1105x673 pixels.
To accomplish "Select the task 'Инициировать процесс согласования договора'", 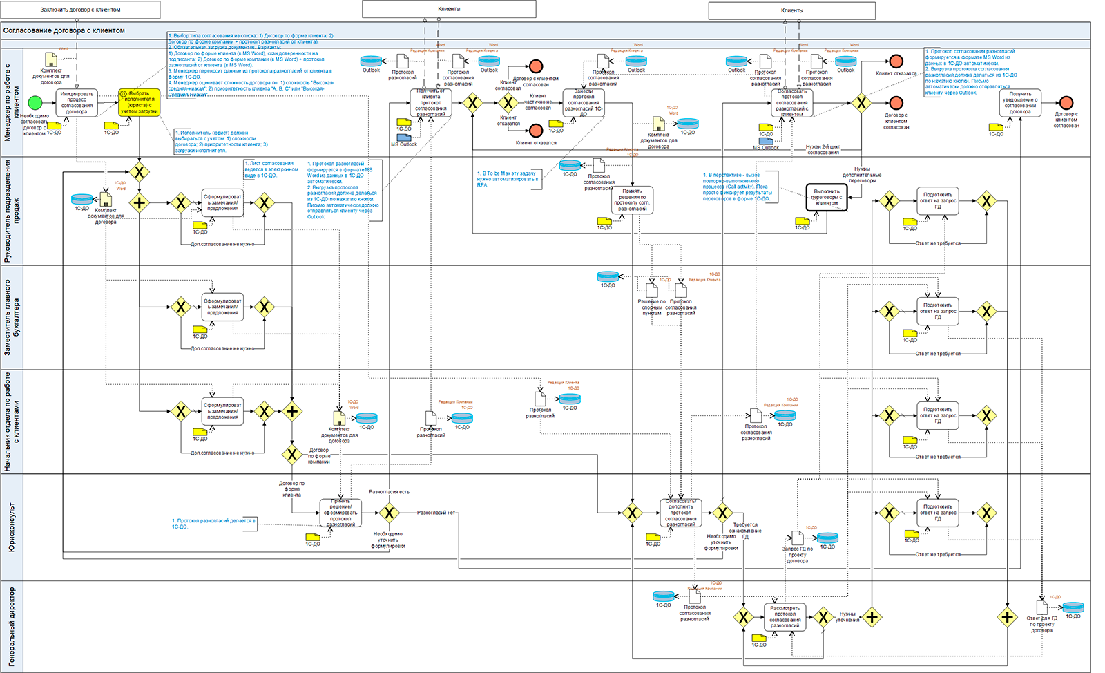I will point(77,102).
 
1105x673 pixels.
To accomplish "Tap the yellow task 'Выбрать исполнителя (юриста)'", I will point(139,102).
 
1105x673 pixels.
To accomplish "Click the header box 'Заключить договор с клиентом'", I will point(80,10).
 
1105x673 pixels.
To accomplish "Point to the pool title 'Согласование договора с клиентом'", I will point(64,31).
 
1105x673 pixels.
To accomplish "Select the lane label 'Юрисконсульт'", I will point(12,527).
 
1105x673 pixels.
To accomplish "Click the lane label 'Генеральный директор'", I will point(12,626).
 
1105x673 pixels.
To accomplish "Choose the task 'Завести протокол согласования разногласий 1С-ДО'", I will point(584,102).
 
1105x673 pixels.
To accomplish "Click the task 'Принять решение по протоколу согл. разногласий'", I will point(632,200).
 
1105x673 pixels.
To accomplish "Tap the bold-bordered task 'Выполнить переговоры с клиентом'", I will point(827,197).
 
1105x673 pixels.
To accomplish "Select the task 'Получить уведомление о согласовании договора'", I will point(1020,103).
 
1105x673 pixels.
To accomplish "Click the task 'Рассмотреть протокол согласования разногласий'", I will point(785,617).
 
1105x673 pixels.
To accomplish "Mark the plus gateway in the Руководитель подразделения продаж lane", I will point(140,203).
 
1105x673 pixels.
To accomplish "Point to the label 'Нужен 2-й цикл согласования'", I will point(823,149).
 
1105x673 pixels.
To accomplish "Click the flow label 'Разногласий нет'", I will point(436,513).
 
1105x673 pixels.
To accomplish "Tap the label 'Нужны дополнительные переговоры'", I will point(862,175).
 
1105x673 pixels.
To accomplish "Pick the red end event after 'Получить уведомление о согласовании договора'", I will point(1066,103).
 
